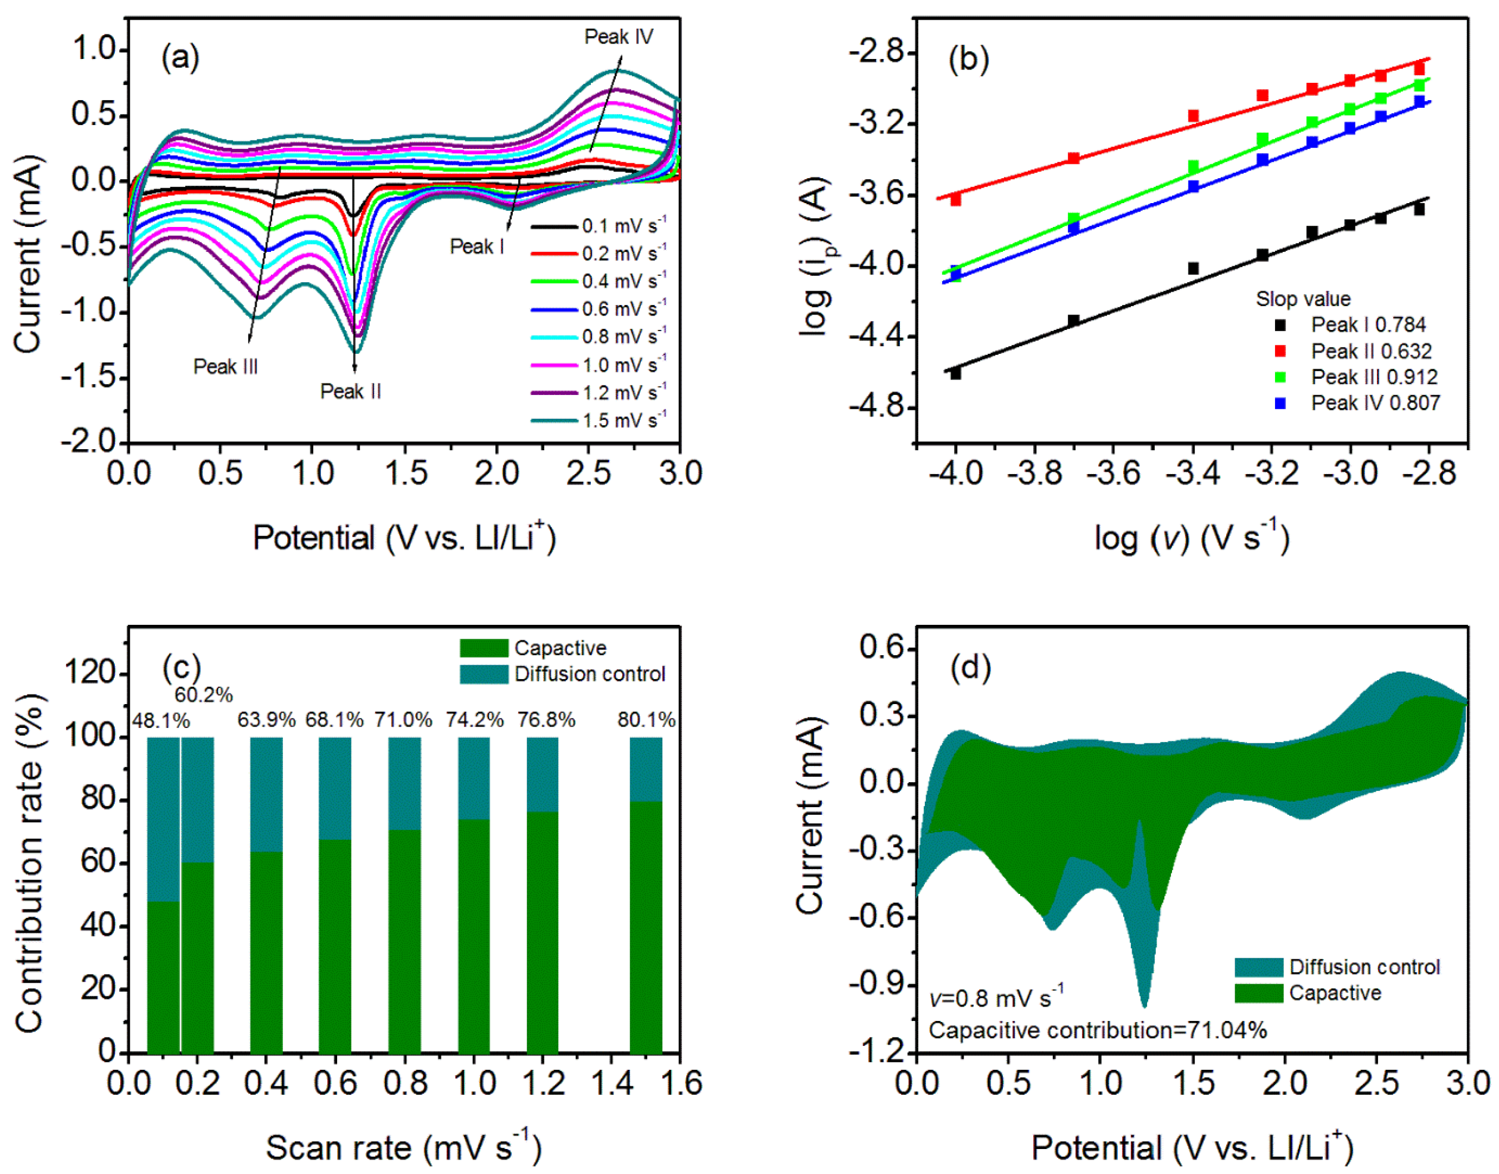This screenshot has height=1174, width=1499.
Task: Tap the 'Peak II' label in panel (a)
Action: click(x=351, y=391)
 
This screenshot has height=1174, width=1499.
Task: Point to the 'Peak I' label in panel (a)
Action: click(x=477, y=246)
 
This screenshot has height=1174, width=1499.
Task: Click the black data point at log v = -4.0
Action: click(x=955, y=373)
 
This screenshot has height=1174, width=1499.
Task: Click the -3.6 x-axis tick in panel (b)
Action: click(x=1114, y=474)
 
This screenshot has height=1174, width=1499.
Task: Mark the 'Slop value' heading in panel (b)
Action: click(x=1302, y=299)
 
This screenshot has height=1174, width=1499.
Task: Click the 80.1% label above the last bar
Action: click(x=646, y=720)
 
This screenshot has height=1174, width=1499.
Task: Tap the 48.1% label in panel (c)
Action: click(x=161, y=720)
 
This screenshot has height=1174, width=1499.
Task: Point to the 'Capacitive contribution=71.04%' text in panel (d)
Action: click(x=1098, y=1030)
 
